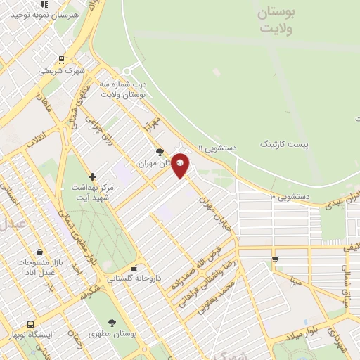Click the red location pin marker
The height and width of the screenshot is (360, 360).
tap(181, 164)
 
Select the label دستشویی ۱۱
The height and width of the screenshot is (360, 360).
tap(219, 148)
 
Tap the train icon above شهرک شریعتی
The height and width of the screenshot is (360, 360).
tap(61, 60)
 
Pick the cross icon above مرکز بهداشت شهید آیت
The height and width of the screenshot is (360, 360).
tap(92, 176)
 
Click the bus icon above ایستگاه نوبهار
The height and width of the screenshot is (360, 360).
tap(30, 324)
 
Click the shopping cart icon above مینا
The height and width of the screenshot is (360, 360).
tap(275, 259)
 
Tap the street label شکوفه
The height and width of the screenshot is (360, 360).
tap(89, 290)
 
